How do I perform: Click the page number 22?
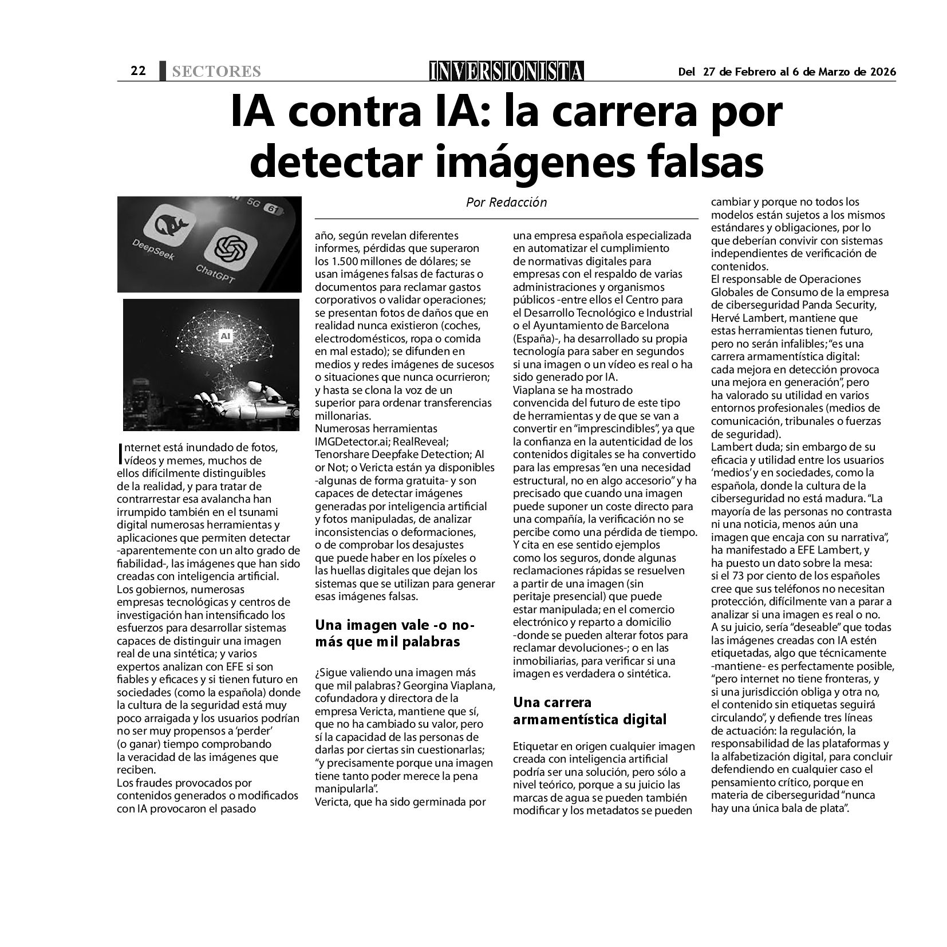pos(138,71)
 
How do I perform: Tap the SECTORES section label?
pos(216,72)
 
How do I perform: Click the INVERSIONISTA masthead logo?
pos(507,71)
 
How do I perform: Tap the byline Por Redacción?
pos(506,202)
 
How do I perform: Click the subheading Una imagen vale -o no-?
pos(395,625)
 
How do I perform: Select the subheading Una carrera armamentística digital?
pos(590,711)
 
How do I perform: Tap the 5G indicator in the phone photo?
pos(253,202)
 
